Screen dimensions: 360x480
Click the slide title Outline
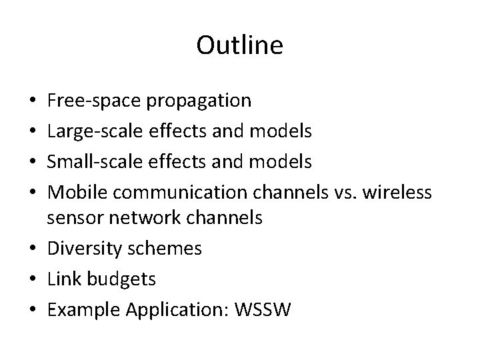click(240, 45)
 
